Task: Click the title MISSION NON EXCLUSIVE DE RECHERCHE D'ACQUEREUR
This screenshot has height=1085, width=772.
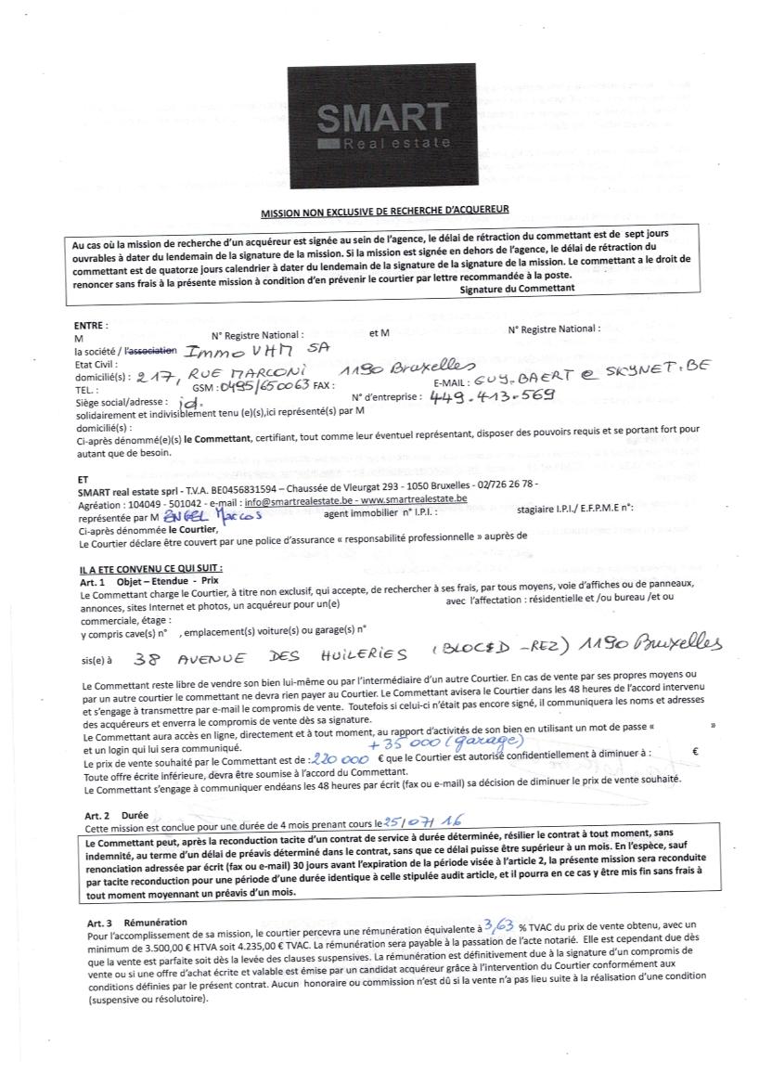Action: [x=386, y=211]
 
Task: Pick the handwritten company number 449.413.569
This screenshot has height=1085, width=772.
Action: [x=492, y=396]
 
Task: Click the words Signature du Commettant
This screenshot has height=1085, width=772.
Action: [x=517, y=288]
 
